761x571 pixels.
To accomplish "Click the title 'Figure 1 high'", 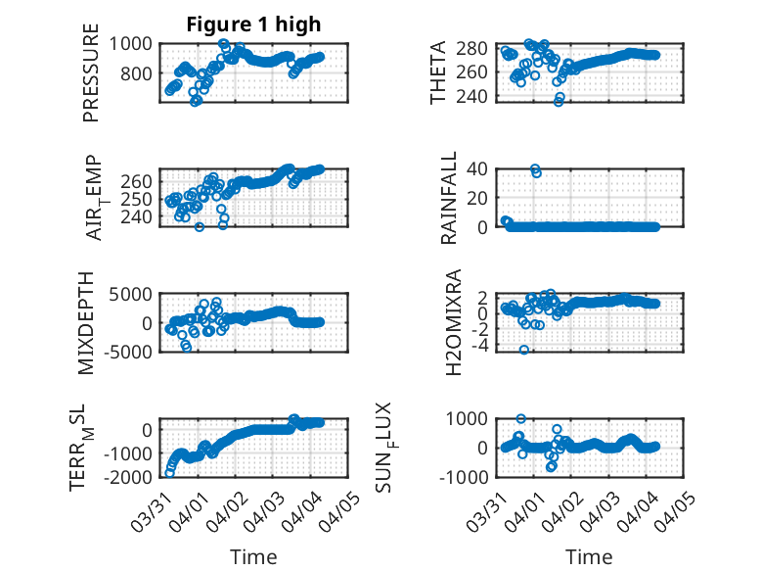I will (253, 24).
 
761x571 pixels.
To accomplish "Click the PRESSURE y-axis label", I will (92, 78).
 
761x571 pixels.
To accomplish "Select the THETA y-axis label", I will (438, 72).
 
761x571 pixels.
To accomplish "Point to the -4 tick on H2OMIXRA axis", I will (487, 345).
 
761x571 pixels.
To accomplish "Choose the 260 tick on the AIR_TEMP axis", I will (137, 182).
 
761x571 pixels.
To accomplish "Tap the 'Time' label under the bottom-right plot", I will (589, 557).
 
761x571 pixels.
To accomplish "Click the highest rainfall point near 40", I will (535, 169).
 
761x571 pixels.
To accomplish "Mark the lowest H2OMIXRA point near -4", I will (524, 350).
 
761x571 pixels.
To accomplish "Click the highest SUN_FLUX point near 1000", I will (520, 419).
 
